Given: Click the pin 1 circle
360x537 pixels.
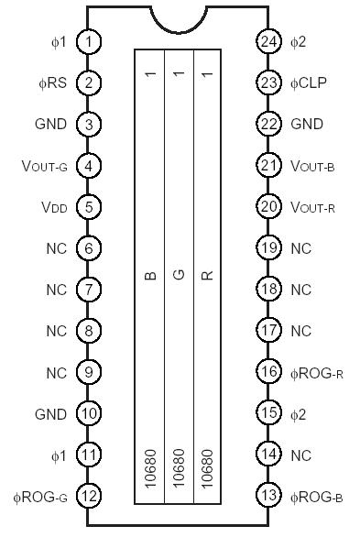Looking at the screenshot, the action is pyautogui.click(x=89, y=42).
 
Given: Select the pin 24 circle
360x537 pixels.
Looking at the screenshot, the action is pyautogui.click(x=268, y=42).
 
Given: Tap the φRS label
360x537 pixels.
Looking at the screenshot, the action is pyautogui.click(x=51, y=83).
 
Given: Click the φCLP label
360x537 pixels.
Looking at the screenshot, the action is pyautogui.click(x=309, y=83).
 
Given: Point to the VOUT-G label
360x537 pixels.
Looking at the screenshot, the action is pyautogui.click(x=43, y=166).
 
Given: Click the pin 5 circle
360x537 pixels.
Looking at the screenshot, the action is pyautogui.click(x=89, y=207).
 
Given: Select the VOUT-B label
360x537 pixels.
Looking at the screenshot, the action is pyautogui.click(x=312, y=166).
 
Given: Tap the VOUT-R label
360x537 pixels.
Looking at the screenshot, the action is pyautogui.click(x=312, y=207).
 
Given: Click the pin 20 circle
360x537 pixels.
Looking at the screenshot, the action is pyautogui.click(x=268, y=207).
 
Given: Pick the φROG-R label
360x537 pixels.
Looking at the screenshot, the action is pyautogui.click(x=316, y=373).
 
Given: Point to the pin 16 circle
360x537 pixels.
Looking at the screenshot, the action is pyautogui.click(x=268, y=373).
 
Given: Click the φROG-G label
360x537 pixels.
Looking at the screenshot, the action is pyautogui.click(x=42, y=498).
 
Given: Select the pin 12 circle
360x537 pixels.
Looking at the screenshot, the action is pyautogui.click(x=89, y=497).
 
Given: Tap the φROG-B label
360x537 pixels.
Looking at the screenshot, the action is pyautogui.click(x=316, y=498).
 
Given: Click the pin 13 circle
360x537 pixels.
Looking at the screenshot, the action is pyautogui.click(x=268, y=497).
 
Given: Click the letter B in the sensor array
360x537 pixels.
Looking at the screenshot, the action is pyautogui.click(x=150, y=274).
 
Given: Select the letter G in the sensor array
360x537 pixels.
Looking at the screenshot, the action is pyautogui.click(x=179, y=274).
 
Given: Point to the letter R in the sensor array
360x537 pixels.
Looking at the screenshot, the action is pyautogui.click(x=207, y=274).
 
